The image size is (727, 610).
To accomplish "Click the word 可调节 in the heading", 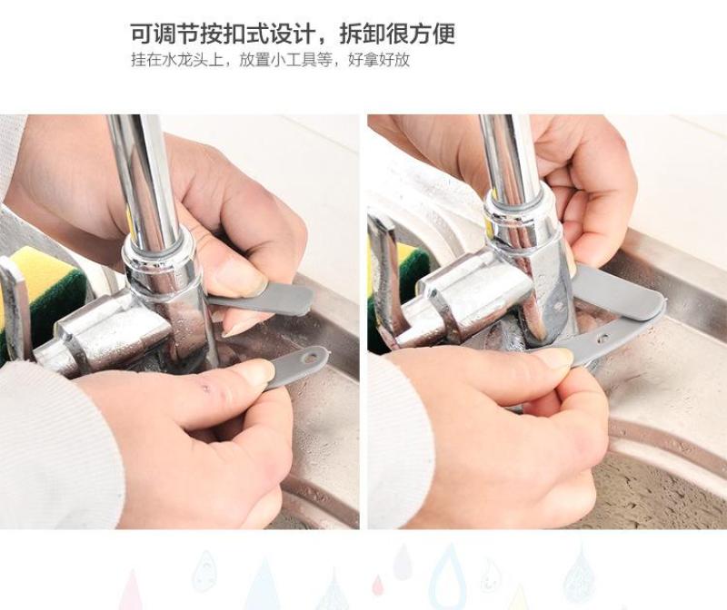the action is point(164,34).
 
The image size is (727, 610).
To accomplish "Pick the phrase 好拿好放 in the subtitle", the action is point(379,60).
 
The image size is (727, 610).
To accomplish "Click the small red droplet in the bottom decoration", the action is point(378,585).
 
